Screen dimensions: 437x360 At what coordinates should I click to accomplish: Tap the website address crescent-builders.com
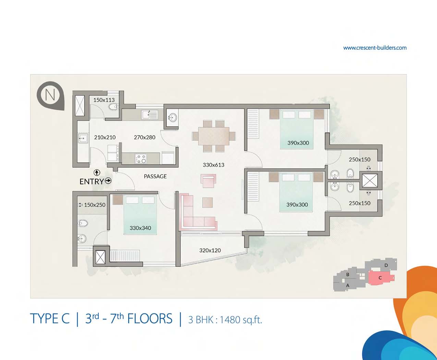[375, 48]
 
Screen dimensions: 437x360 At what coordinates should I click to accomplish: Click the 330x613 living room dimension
[214, 165]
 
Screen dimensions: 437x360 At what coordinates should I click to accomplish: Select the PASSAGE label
[155, 176]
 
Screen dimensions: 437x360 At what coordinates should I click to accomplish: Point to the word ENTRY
[92, 182]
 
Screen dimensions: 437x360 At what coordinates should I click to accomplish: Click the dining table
[214, 136]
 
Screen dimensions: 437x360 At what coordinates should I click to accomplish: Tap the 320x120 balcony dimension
[210, 250]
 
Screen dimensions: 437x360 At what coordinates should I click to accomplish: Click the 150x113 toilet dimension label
[104, 100]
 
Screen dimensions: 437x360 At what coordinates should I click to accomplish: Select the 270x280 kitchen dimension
[145, 137]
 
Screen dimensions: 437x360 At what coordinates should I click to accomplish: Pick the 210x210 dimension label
[105, 137]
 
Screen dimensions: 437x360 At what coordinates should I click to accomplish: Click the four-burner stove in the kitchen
[141, 158]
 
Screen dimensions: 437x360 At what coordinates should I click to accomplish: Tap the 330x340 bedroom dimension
[140, 228]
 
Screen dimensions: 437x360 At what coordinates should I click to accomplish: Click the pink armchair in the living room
[208, 181]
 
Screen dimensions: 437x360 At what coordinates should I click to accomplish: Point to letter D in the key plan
[386, 265]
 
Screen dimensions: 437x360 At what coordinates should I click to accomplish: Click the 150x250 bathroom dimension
[95, 205]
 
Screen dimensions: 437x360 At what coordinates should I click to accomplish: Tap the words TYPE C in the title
[50, 319]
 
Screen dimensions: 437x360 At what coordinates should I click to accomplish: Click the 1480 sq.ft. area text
[241, 320]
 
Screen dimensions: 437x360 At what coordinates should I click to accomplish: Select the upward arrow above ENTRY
[97, 172]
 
